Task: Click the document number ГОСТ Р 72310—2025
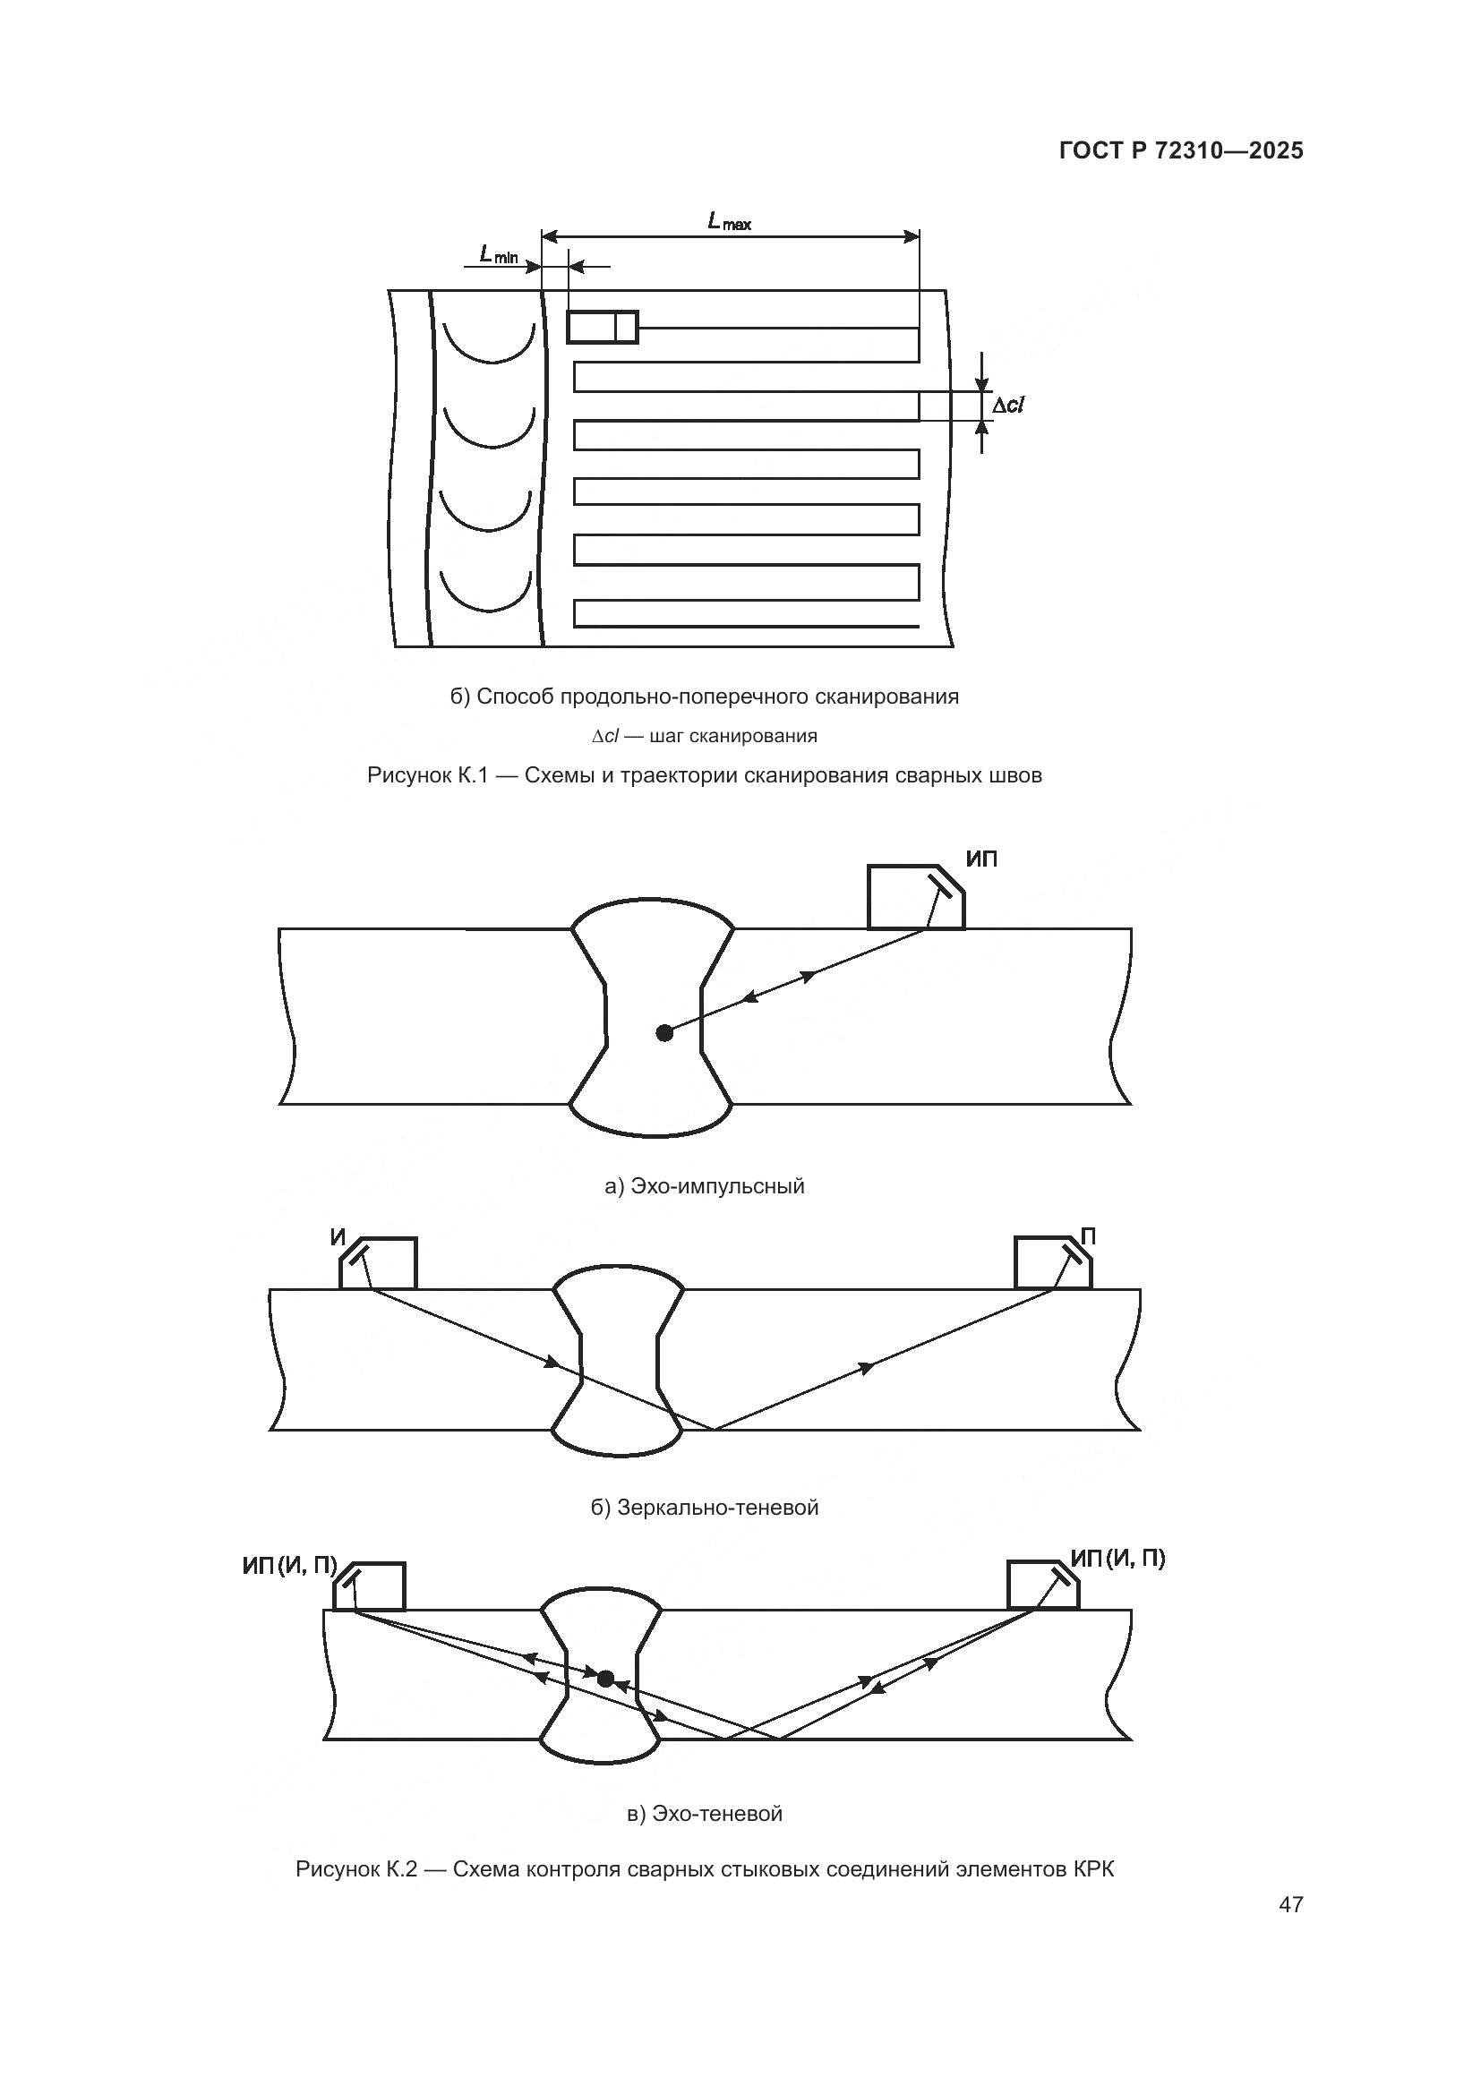coord(1181,151)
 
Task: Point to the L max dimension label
coord(730,221)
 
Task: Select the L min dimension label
coord(499,256)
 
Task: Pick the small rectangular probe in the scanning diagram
coord(602,327)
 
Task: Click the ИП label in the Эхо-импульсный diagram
coord(981,859)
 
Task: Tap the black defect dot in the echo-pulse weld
coord(664,1033)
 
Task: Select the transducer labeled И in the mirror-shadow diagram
coord(378,1263)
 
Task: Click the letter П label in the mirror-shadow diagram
coord(1088,1236)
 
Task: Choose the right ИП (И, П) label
coord(1118,1559)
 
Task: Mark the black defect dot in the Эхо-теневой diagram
coord(605,1676)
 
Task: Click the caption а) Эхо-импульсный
coord(705,1186)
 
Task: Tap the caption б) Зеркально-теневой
coord(705,1508)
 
